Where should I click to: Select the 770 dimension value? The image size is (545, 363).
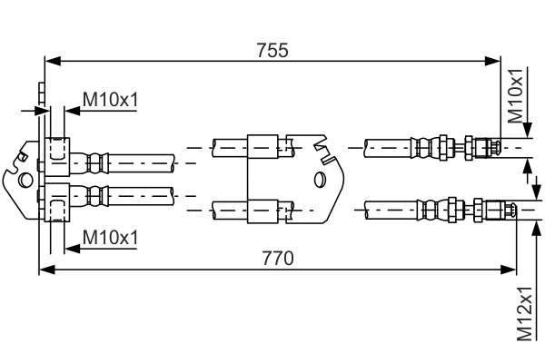point(278,258)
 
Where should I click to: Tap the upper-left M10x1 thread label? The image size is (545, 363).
point(110,98)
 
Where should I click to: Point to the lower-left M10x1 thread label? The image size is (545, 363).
point(110,237)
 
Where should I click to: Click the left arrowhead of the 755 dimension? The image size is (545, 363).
point(51,62)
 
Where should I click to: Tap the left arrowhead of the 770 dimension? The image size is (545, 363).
point(45,270)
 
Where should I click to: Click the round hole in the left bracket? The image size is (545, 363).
point(27,192)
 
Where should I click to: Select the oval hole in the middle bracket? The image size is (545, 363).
point(319,179)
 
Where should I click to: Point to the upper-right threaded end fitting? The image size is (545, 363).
point(482,145)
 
